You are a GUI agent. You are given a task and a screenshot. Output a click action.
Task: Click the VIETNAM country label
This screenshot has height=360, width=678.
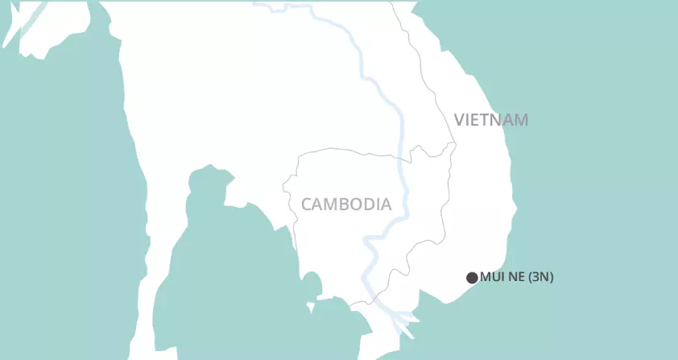tap(491, 121)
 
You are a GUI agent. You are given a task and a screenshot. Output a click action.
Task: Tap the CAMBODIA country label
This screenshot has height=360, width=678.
tap(346, 205)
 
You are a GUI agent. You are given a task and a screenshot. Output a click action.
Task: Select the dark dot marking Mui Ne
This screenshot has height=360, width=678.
tap(472, 278)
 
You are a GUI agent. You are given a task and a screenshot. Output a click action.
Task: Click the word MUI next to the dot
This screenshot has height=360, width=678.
tap(491, 278)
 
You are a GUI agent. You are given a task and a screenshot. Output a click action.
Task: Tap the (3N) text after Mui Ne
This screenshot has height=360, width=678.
tap(540, 278)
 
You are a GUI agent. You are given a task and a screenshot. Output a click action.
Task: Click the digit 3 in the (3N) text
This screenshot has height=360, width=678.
tap(537, 278)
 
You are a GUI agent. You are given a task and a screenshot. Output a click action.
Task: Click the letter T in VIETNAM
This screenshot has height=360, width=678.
tap(487, 121)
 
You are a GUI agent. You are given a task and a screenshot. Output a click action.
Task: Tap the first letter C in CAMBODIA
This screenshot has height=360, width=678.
tap(307, 205)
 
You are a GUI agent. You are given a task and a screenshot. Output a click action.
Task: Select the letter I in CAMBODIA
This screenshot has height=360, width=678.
tap(378, 205)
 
